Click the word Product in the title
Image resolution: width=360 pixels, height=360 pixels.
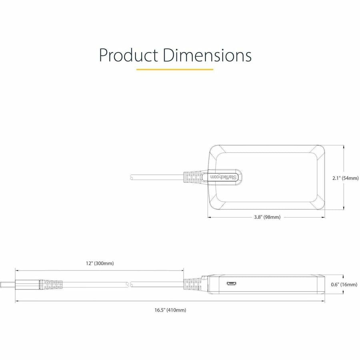coord(129,55)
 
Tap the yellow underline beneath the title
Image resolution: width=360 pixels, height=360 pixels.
coord(175,70)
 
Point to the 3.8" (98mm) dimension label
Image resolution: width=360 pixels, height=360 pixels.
coord(267,217)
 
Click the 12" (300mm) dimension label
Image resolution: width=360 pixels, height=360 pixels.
coord(99,263)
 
